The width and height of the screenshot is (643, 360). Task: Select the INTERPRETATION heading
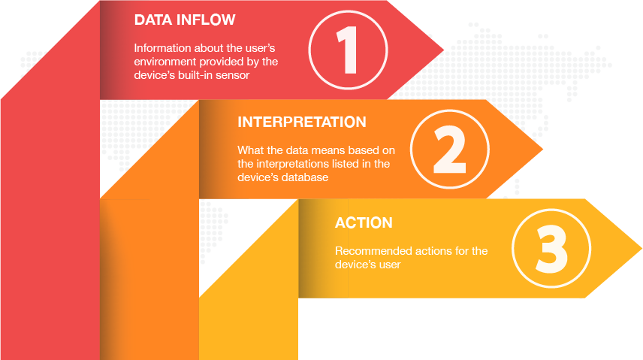tap(302, 122)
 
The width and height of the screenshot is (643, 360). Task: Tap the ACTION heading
tap(364, 223)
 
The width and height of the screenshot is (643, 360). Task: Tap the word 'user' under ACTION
tap(390, 265)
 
